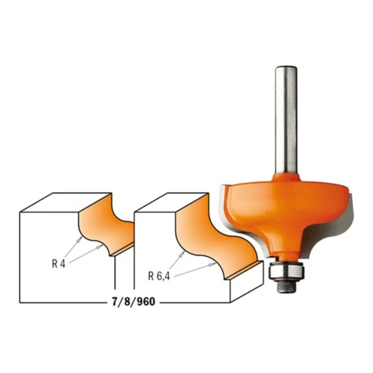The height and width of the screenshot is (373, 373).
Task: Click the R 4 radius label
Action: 59,264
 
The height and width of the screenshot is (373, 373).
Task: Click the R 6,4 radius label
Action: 159,276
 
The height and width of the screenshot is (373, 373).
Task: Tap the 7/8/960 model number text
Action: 133,302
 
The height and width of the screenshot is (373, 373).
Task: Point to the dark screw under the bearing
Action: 286,286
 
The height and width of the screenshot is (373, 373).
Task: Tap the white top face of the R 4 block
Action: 66,202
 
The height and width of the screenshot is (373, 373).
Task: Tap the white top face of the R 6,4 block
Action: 171,202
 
